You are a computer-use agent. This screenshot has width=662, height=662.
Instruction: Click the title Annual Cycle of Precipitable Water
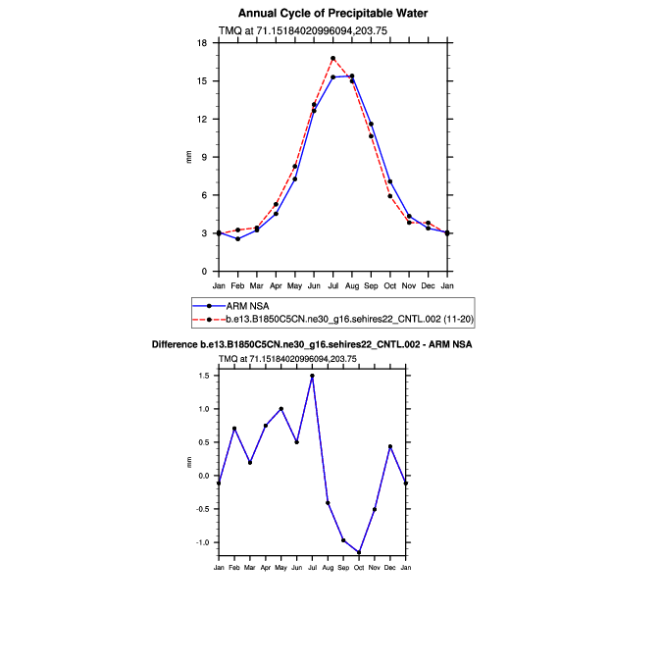pyautogui.click(x=332, y=13)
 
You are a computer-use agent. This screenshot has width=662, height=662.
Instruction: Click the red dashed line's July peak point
pyautogui.click(x=333, y=58)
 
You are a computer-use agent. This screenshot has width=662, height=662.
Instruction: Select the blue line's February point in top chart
pyautogui.click(x=237, y=239)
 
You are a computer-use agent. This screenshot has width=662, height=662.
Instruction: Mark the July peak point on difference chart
pyautogui.click(x=312, y=376)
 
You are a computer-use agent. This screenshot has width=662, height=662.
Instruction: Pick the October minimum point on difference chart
pyautogui.click(x=359, y=552)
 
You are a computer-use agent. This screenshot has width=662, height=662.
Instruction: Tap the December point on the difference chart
pyautogui.click(x=390, y=446)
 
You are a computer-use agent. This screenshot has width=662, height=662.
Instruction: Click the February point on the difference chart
pyautogui.click(x=234, y=429)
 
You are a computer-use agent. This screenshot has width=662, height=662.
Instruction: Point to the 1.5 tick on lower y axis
pyautogui.click(x=203, y=376)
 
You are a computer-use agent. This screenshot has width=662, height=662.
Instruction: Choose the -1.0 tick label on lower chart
pyautogui.click(x=201, y=542)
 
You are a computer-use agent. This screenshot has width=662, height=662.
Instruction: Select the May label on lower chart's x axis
pyautogui.click(x=281, y=568)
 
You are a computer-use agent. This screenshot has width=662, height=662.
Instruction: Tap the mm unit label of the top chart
pyautogui.click(x=188, y=157)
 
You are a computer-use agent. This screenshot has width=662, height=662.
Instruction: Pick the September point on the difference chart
pyautogui.click(x=343, y=539)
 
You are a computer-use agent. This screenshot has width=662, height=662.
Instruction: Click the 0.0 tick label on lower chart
pyautogui.click(x=203, y=476)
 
